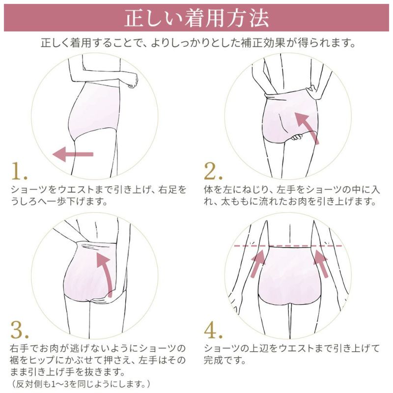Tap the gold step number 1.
point(20,171)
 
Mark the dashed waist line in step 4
point(290,246)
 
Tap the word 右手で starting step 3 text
point(26,348)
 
